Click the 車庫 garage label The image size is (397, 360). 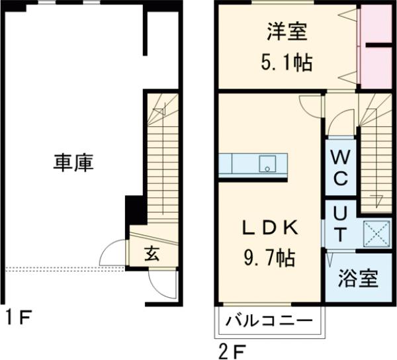[73, 163]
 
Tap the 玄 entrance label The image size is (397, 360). [151, 253]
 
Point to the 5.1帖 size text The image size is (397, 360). [287, 64]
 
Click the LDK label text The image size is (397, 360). [270, 228]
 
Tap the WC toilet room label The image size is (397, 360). [341, 168]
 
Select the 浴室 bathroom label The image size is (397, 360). [359, 279]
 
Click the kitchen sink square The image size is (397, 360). [267, 163]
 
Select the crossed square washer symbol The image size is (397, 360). [378, 233]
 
